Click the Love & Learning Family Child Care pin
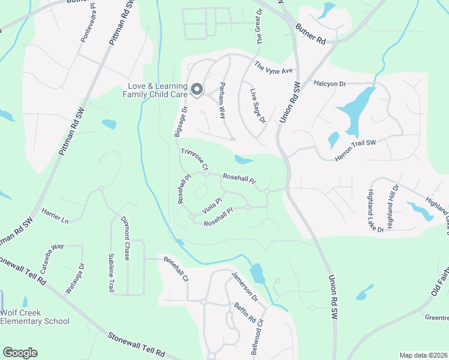pyautogui.click(x=197, y=90)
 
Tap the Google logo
pyautogui.click(x=20, y=353)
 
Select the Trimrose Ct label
pyautogui.click(x=194, y=159)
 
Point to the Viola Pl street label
pyautogui.click(x=212, y=205)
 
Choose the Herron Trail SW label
pyautogui.click(x=354, y=149)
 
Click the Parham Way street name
pyautogui.click(x=223, y=100)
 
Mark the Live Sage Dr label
pyautogui.click(x=258, y=106)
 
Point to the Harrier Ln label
pyautogui.click(x=55, y=215)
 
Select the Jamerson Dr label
pyautogui.click(x=244, y=286)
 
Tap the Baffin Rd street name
pyautogui.click(x=246, y=312)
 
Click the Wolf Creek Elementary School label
pyautogui.click(x=35, y=317)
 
